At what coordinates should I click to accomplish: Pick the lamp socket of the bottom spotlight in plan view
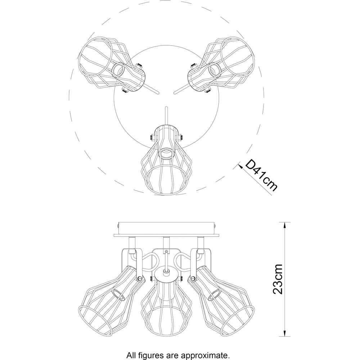tap(166, 153)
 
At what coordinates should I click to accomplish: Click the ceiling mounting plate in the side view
tap(166, 229)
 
